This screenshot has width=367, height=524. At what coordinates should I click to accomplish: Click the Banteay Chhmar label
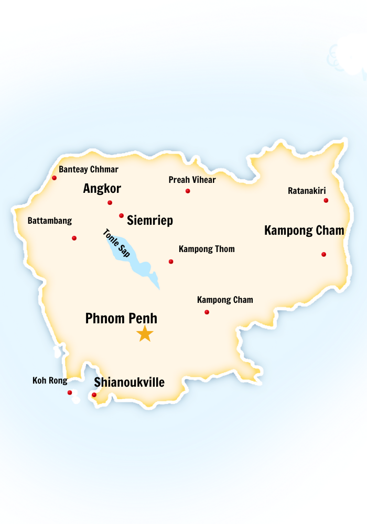(x=88, y=169)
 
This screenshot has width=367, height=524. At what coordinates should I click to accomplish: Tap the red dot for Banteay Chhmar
(x=54, y=178)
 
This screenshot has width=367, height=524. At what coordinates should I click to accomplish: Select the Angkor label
(x=102, y=189)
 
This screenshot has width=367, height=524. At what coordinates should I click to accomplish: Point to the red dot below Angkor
(x=110, y=203)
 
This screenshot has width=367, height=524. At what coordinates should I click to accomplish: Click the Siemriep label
(x=149, y=221)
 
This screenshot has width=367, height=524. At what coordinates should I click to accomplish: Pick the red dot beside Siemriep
(x=121, y=215)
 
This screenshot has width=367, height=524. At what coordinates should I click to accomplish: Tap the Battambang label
(x=50, y=221)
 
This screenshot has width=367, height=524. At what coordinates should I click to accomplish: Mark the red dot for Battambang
(x=74, y=238)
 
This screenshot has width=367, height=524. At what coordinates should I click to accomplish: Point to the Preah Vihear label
(x=192, y=180)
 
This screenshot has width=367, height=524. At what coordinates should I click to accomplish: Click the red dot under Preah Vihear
(x=188, y=191)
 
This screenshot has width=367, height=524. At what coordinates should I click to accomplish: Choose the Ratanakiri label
(x=307, y=191)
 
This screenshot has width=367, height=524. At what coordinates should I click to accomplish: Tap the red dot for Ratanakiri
(x=326, y=200)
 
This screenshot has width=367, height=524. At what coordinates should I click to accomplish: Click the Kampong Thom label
(x=207, y=249)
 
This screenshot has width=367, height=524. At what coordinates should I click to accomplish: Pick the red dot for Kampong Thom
(x=170, y=261)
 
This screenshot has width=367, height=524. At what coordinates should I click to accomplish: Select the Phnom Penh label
(x=121, y=318)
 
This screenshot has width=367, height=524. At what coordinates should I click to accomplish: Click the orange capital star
(x=145, y=333)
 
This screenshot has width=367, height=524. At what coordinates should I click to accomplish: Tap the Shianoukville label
(x=129, y=383)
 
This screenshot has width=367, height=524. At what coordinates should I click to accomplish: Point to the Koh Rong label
(x=50, y=380)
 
